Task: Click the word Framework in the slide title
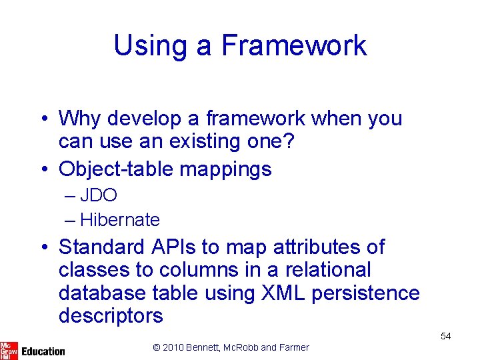(x=293, y=45)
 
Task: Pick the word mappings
(x=231, y=169)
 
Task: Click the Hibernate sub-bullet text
(x=120, y=219)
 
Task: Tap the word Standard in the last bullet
(x=102, y=247)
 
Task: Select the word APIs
(x=175, y=247)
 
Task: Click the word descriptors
(x=110, y=316)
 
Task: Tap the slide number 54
(x=446, y=337)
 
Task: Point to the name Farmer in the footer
(x=293, y=347)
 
